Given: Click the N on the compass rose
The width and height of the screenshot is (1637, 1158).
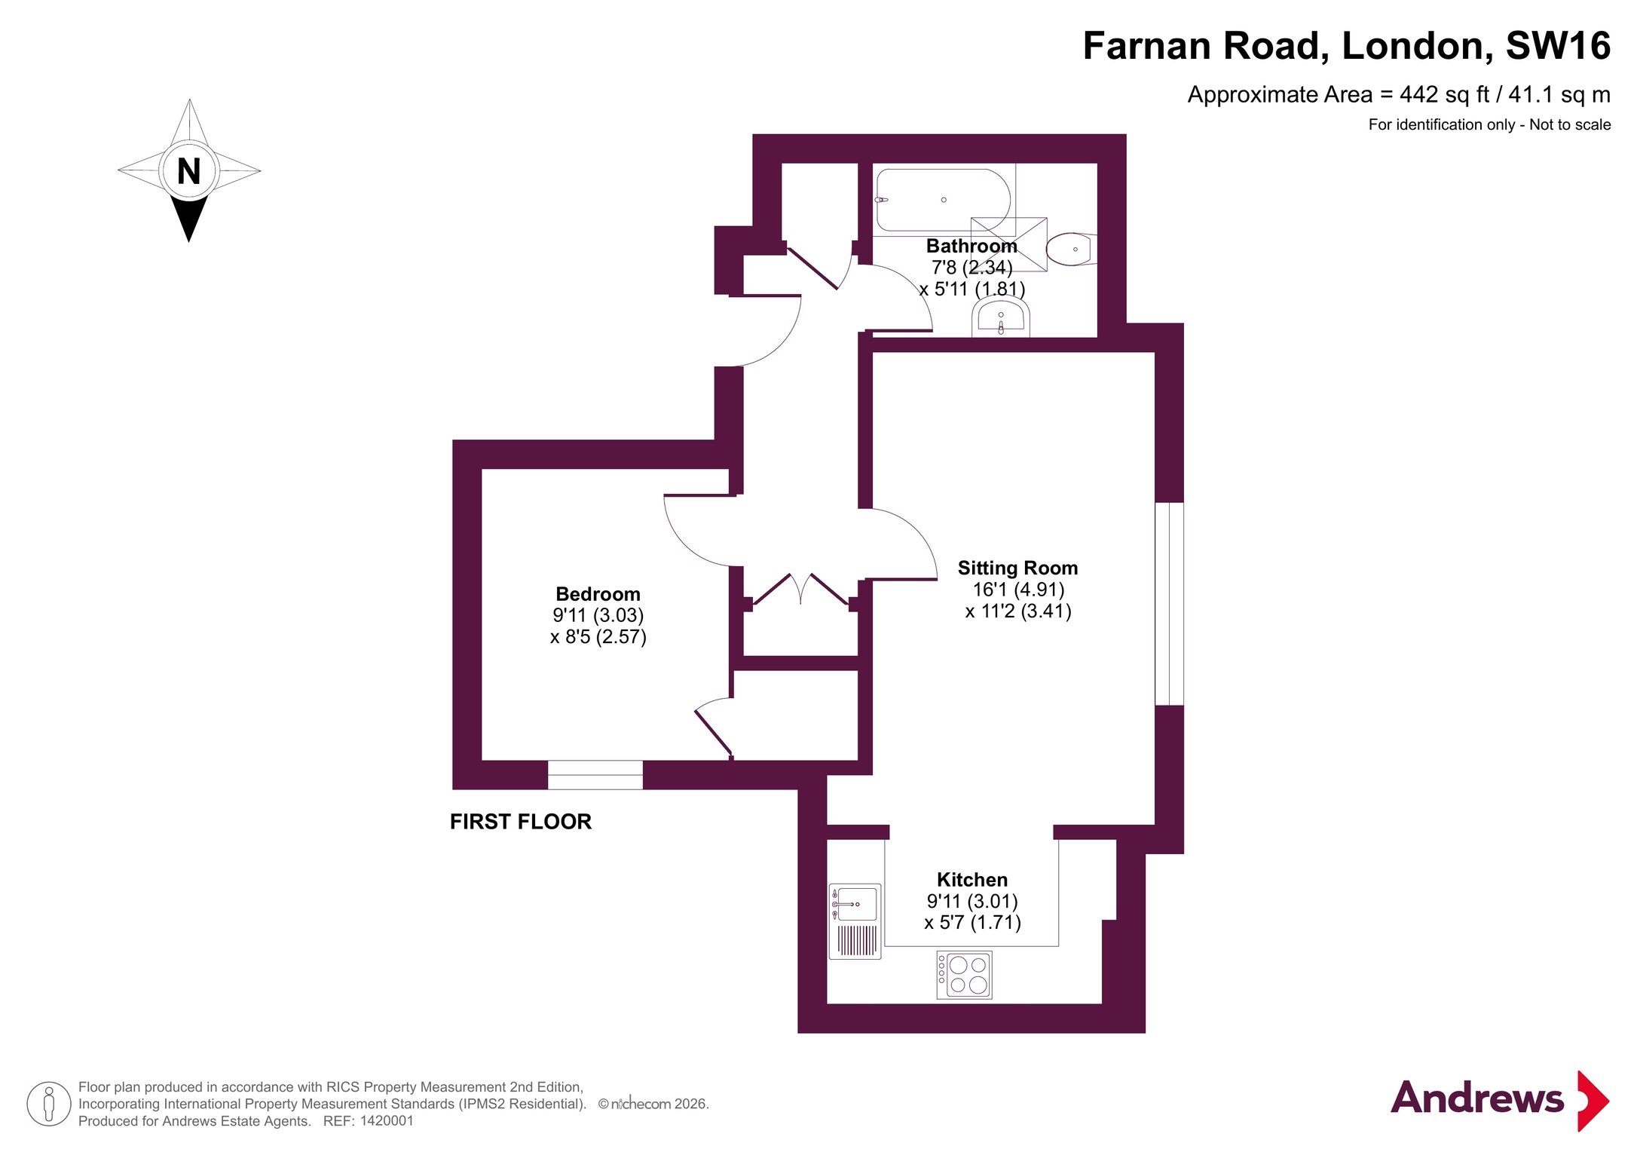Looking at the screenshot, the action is click(x=188, y=171).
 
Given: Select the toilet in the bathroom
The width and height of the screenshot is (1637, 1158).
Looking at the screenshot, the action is click(x=1071, y=249).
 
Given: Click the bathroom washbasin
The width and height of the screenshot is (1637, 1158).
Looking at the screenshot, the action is click(x=1001, y=317).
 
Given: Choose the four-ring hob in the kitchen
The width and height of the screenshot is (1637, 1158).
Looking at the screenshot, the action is click(x=964, y=975).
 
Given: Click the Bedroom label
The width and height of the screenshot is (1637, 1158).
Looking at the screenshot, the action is click(x=598, y=594).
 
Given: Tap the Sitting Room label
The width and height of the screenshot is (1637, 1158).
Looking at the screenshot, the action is click(x=1017, y=568).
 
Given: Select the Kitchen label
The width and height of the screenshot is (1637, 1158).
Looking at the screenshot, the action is click(x=972, y=880).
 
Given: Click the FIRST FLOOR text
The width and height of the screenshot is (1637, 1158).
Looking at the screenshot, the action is click(x=521, y=822).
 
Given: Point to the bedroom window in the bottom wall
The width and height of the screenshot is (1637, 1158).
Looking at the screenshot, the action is click(x=595, y=775).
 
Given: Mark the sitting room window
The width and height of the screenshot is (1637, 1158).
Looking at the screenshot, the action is click(x=1169, y=604).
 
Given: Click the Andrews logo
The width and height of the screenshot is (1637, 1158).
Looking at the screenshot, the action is click(x=1500, y=1100).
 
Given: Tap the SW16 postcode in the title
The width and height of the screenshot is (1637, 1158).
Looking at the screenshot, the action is click(x=1558, y=46).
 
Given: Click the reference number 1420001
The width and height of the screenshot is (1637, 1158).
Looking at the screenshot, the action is click(x=387, y=1121).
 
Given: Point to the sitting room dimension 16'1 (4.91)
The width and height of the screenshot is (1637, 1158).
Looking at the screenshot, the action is click(x=1018, y=590).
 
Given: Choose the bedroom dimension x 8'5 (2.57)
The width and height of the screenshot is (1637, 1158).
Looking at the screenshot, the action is click(x=598, y=637).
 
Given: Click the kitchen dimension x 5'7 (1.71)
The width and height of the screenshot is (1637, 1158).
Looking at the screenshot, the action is click(x=972, y=923).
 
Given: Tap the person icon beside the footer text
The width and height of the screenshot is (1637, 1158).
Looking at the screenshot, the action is click(x=49, y=1104).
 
